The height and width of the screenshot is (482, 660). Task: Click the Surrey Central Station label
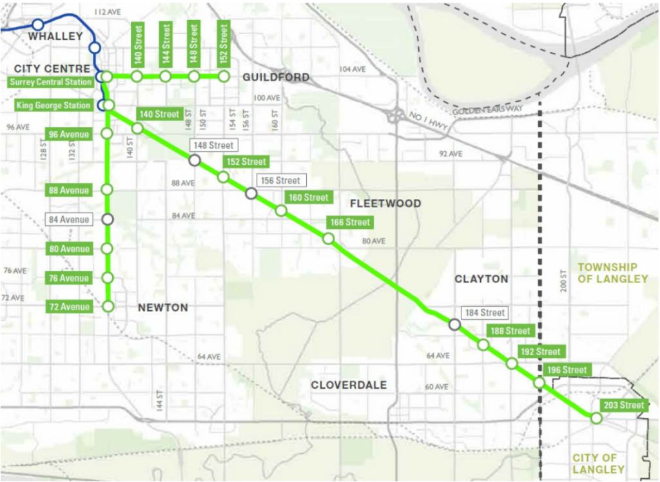[50, 82]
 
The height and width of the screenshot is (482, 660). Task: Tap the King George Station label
[54, 105]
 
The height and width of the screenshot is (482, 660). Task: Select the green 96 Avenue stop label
[69, 134]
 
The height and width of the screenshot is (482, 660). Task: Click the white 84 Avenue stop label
[69, 219]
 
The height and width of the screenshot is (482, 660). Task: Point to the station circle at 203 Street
[596, 418]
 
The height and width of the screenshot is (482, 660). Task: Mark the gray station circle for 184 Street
[454, 325]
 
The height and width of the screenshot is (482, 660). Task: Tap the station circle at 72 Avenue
[108, 307]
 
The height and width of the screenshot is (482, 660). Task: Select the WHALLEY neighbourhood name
[55, 36]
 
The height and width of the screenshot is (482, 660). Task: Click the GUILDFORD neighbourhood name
[276, 77]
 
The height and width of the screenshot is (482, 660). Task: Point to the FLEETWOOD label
[385, 203]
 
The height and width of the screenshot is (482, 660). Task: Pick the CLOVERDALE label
[349, 385]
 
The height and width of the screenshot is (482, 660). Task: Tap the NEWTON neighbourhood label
[163, 308]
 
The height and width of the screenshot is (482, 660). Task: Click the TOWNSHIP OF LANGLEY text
[612, 273]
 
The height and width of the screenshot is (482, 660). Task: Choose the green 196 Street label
[567, 370]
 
